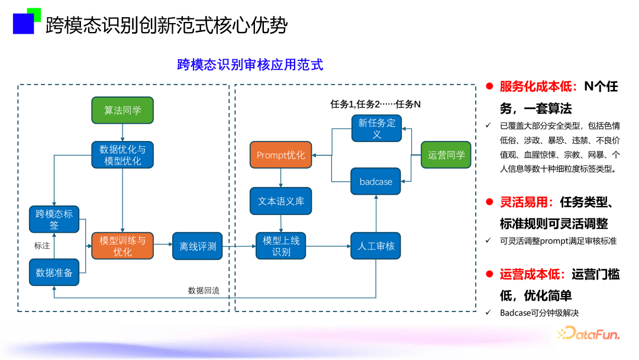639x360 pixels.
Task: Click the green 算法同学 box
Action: tap(122, 110)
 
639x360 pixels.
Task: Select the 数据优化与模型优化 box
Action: tap(122, 155)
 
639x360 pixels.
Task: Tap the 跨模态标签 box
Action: tap(54, 219)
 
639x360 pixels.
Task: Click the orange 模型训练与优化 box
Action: tap(122, 246)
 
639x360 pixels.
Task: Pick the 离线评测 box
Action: tap(198, 246)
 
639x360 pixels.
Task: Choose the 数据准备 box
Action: tap(54, 272)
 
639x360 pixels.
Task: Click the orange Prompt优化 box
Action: tap(281, 155)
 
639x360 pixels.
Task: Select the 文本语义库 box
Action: tap(281, 201)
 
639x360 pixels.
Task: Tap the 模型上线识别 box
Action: tap(281, 246)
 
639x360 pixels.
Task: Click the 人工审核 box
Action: tap(376, 246)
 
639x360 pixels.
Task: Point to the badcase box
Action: tap(376, 182)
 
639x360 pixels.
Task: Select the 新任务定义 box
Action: tap(376, 128)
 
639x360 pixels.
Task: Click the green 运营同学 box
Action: tap(446, 155)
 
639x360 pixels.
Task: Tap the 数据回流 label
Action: tap(204, 290)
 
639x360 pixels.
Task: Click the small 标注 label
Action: tap(42, 246)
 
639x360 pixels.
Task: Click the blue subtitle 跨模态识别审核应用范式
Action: tap(250, 65)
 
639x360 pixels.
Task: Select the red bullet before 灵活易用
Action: tap(489, 203)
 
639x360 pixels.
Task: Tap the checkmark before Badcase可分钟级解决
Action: tap(488, 313)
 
